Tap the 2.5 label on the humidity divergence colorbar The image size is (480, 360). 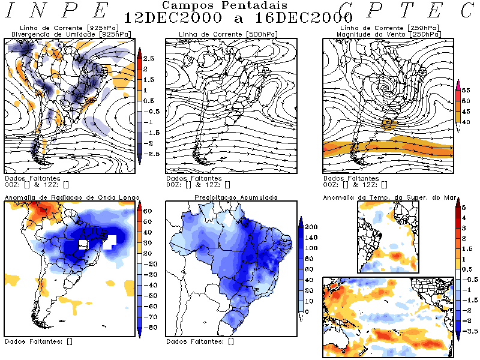149,59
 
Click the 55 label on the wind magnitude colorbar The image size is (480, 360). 464,89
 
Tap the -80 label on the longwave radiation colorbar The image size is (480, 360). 149,327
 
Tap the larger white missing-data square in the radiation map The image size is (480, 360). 109,242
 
